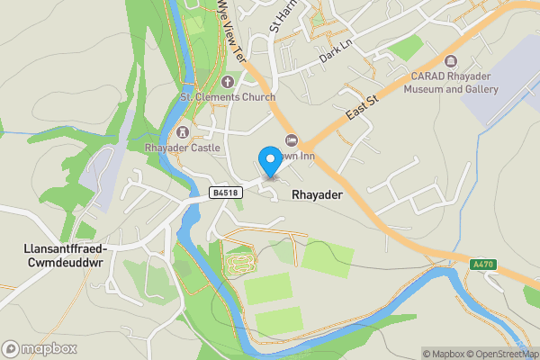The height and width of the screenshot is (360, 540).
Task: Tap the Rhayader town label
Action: (x=315, y=193)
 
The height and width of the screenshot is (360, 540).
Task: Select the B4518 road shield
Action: (x=225, y=192)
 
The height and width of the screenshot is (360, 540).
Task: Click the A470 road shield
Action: (x=482, y=265)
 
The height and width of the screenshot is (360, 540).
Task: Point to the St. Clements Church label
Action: (x=228, y=96)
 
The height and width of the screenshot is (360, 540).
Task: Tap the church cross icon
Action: (x=228, y=82)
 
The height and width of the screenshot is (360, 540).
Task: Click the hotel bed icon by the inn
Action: (x=291, y=139)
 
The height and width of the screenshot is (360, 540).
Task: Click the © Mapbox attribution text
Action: (x=442, y=353)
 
